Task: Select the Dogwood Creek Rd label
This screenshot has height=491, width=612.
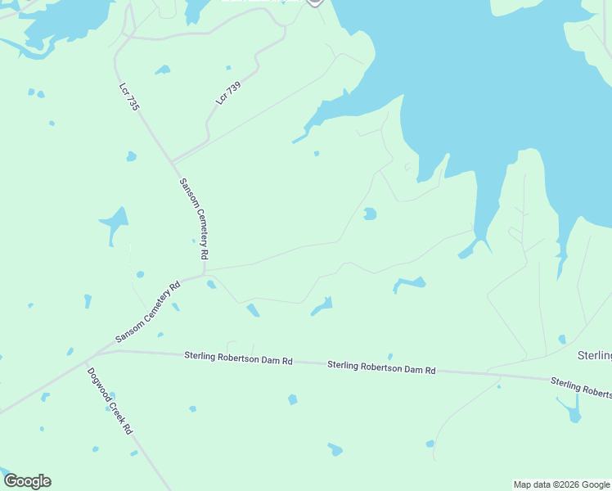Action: (110, 400)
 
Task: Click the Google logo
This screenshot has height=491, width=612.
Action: (27, 481)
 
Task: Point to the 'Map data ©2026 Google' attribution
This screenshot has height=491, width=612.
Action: (561, 484)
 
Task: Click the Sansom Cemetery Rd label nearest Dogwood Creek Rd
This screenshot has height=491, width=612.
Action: (147, 313)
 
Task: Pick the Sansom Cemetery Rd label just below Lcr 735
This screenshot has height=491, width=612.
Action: (192, 218)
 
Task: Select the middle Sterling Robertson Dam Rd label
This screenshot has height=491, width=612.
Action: (381, 368)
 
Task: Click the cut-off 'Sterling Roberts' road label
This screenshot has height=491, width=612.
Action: (580, 387)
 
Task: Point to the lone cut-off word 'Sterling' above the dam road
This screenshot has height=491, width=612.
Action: (595, 355)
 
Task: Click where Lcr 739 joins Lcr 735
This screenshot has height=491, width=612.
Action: (172, 161)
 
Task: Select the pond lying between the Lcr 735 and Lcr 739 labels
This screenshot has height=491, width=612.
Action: (163, 70)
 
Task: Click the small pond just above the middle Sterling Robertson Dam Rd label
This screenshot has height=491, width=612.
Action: (390, 356)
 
